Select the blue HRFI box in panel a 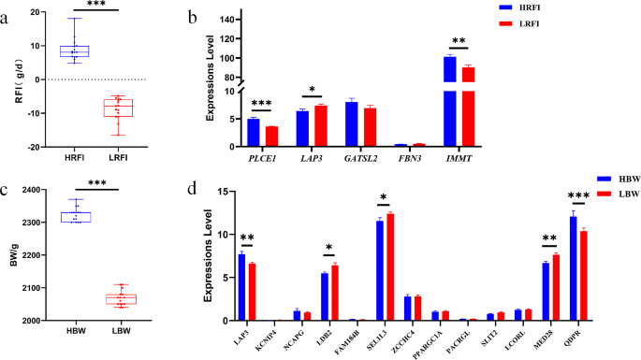tap(74, 51)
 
